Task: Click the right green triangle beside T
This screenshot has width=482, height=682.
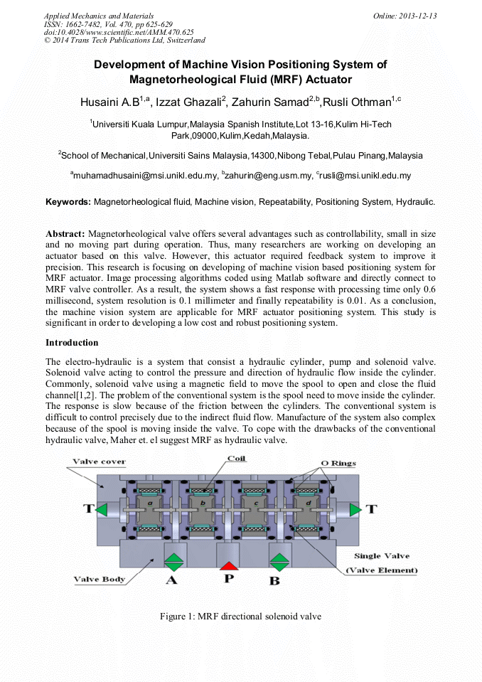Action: pos(354,509)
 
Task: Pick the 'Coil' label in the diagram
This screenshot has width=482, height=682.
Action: pos(236,458)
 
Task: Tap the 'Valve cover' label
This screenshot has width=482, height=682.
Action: pos(100,462)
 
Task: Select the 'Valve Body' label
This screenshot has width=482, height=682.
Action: pos(100,579)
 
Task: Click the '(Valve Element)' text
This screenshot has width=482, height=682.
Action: pos(381,570)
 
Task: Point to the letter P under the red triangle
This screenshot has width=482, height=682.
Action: pos(228,580)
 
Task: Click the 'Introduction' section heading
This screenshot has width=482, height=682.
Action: pos(72,343)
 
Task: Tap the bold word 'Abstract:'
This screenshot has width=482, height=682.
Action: pos(65,233)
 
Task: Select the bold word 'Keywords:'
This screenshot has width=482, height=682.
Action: pos(68,202)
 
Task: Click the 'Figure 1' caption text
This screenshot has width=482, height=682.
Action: pos(240,616)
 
